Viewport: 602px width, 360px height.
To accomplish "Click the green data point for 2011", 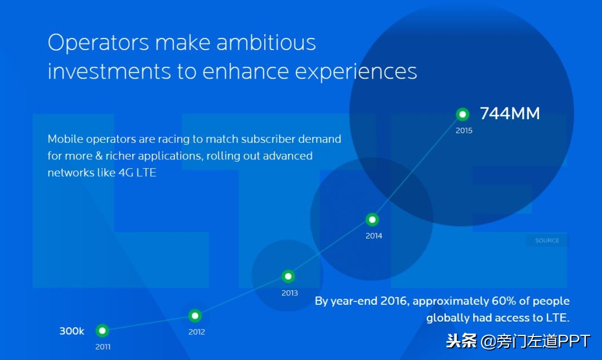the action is (x=102, y=330).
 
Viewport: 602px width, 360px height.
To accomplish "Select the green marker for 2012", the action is (x=195, y=316).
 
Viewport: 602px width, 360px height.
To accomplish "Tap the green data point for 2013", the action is (x=288, y=276).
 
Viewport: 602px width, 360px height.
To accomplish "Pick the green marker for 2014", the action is (x=372, y=220).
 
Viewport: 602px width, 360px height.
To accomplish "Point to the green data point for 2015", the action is (x=463, y=114).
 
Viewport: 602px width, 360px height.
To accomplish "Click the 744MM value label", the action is (x=510, y=114).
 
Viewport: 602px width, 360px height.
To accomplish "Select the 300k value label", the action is (x=72, y=331).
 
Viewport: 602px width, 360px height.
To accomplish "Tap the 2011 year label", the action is (x=103, y=347).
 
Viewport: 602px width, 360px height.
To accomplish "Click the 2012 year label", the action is (x=197, y=332).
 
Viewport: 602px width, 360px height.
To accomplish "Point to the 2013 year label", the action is (x=290, y=293).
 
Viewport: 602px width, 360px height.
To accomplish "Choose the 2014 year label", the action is (x=374, y=236).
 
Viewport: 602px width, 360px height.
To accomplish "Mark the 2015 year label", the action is (x=464, y=130).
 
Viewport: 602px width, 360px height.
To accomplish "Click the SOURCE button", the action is (x=547, y=241).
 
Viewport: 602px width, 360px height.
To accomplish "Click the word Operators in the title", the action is (x=98, y=43).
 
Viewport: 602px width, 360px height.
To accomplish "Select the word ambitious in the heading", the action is (x=266, y=42).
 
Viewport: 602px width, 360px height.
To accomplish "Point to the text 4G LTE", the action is (x=138, y=173).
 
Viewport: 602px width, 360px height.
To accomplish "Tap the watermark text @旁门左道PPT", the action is (x=535, y=341).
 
